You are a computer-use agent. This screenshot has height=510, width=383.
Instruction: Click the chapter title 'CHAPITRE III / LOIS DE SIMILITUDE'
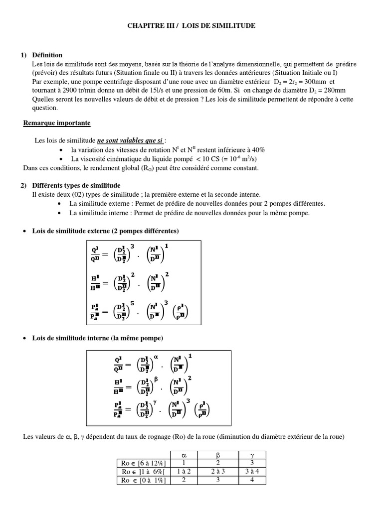[191, 25]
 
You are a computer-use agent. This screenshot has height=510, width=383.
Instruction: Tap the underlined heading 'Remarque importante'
[57, 123]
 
